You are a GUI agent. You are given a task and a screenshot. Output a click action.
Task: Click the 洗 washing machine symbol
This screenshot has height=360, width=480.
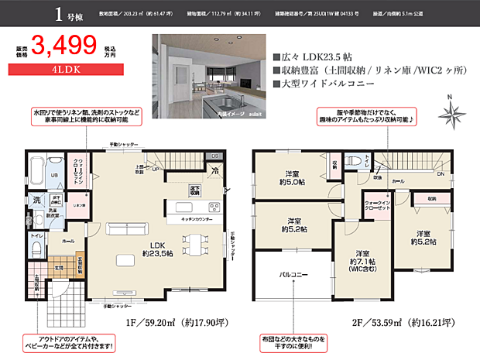pyautogui.click(x=36, y=200)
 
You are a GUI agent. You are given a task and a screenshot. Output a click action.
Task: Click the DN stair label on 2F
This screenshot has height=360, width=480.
pyautogui.click(x=441, y=175)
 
